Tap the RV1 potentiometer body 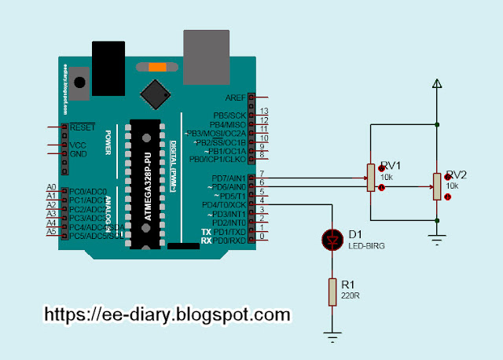370,178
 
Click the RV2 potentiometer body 436,186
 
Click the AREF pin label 235,98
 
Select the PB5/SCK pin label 229,116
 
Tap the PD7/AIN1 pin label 229,179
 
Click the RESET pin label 83,127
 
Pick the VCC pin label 79,145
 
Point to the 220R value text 350,297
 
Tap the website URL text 167,315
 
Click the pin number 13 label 265,112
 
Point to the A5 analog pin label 51,232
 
